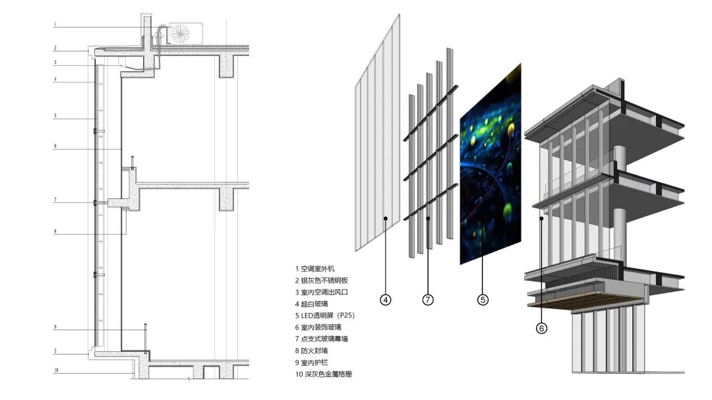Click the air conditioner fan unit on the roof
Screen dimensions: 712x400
[x=181, y=34]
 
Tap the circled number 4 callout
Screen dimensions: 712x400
[x=386, y=300]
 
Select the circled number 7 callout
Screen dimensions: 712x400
[x=428, y=300]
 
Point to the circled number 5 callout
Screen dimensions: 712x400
[x=483, y=300]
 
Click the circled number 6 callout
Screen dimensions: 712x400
[x=541, y=327]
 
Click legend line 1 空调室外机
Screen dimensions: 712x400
[x=315, y=269]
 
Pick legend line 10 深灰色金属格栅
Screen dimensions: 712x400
[x=323, y=374]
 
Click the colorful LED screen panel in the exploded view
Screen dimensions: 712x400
[x=489, y=165]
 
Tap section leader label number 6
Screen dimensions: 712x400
[x=55, y=146]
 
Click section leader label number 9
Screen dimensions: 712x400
[x=55, y=327]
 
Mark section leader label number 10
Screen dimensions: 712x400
[x=56, y=370]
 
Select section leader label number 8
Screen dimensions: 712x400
[x=55, y=231]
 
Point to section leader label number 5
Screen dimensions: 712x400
[x=55, y=116]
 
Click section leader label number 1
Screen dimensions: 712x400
[x=55, y=25]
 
